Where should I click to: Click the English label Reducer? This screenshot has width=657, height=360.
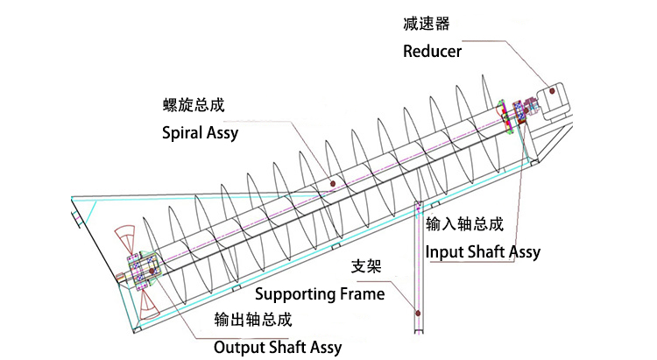click(x=432, y=51)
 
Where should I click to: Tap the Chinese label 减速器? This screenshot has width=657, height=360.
click(x=421, y=21)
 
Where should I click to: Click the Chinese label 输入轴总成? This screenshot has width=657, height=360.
click(x=464, y=223)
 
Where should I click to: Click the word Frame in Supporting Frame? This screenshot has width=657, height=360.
click(x=361, y=293)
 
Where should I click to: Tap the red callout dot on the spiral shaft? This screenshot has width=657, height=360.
click(x=334, y=182)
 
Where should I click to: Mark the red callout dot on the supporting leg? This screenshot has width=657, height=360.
click(x=418, y=312)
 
